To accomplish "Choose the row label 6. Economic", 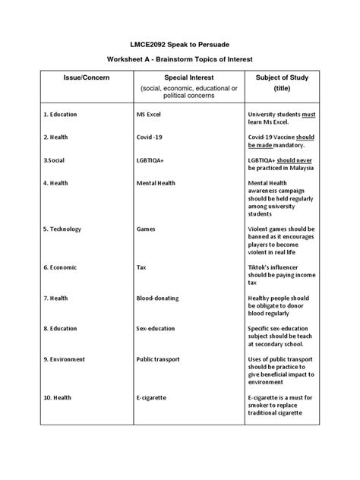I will pyautogui.click(x=61, y=267).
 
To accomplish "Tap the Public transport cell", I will pyautogui.click(x=159, y=358).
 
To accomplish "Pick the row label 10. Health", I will pyautogui.click(x=58, y=396).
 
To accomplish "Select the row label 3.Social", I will pyautogui.click(x=55, y=160).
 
